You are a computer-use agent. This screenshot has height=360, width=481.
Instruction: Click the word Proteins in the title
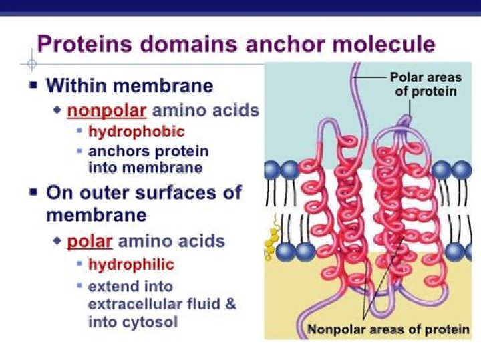coord(83,44)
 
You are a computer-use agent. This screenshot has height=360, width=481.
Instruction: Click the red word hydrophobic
coord(136,131)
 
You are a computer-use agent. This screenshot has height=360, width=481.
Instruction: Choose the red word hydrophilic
coord(131,264)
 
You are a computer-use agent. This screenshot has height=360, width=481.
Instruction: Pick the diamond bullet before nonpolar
coord(57,109)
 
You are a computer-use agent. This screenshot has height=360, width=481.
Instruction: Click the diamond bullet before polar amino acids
coord(57,240)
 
